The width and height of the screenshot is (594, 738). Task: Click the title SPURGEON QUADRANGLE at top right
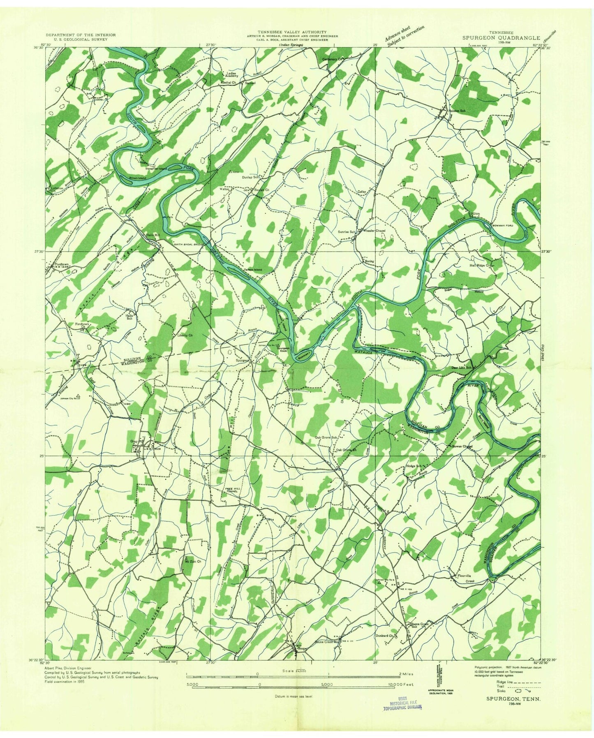tap(500, 37)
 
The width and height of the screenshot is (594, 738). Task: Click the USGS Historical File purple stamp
tap(402, 706)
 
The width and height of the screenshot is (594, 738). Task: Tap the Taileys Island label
tap(253, 270)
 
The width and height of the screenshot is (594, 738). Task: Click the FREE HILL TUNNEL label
tap(234, 490)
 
